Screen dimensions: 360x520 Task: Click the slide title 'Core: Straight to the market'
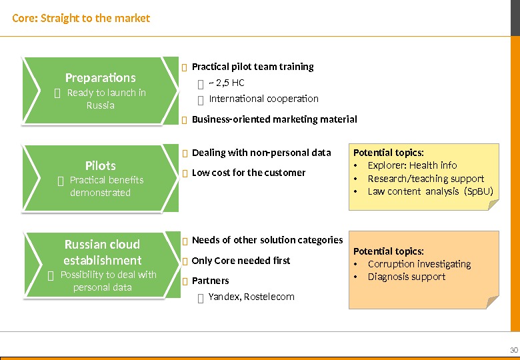(81, 18)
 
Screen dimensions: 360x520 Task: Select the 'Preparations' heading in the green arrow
(100, 77)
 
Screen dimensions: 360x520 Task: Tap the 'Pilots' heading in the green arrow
(100, 165)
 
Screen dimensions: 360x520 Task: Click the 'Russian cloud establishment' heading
(102, 252)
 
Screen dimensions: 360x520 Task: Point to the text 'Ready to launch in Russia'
(106, 99)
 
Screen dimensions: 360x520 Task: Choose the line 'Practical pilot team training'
(252, 67)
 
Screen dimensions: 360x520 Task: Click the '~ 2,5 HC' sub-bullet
(227, 83)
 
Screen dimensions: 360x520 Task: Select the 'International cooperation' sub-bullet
(263, 99)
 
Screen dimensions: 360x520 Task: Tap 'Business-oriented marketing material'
(274, 119)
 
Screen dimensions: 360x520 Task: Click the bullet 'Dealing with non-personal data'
(261, 153)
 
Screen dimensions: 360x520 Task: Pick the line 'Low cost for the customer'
(248, 173)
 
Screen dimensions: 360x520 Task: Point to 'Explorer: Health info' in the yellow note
(412, 165)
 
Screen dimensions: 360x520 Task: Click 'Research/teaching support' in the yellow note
(426, 179)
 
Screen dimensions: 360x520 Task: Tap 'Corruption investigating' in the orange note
(419, 264)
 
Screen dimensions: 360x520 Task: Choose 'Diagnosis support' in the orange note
(406, 277)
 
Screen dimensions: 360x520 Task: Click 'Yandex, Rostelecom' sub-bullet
(251, 297)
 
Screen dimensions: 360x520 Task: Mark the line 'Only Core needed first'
(241, 261)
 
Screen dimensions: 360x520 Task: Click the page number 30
(513, 351)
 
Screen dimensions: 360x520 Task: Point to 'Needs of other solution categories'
(267, 240)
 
